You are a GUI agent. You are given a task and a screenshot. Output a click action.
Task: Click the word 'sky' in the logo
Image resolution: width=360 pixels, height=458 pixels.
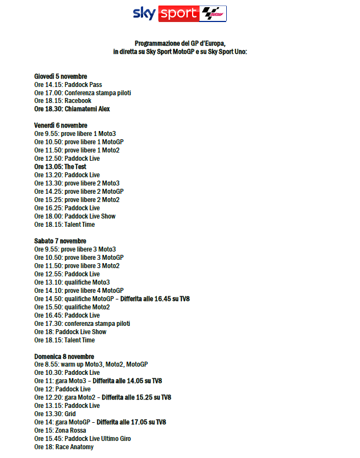click(x=145, y=13)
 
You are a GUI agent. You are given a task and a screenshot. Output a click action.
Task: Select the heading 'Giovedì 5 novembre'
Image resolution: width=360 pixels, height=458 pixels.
click(x=61, y=77)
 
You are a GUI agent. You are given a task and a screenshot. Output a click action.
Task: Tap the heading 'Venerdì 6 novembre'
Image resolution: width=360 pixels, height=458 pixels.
click(x=61, y=126)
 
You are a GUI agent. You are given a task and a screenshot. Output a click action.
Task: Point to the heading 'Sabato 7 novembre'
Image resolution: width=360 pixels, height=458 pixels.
click(x=60, y=241)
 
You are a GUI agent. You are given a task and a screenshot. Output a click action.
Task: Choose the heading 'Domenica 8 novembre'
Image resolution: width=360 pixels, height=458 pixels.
click(x=64, y=356)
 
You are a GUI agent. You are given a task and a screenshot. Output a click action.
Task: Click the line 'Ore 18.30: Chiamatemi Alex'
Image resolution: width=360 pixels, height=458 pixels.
click(x=72, y=109)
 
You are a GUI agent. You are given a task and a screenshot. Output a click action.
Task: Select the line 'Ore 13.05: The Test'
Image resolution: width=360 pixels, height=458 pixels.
click(x=60, y=167)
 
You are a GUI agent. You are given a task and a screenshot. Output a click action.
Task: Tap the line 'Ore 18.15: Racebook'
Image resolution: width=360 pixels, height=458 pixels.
click(x=62, y=101)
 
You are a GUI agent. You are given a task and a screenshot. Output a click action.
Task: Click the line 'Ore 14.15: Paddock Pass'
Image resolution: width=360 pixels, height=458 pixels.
click(x=68, y=85)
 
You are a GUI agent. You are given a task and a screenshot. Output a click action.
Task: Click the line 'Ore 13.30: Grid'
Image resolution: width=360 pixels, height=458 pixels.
click(x=54, y=414)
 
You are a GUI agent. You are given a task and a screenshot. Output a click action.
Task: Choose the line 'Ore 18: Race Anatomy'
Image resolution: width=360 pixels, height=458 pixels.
click(x=63, y=447)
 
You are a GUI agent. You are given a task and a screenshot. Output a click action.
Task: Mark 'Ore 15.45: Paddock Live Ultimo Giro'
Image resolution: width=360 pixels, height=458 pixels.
click(x=82, y=439)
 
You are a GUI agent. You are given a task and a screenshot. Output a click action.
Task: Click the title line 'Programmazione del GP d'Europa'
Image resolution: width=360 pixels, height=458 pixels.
click(x=180, y=43)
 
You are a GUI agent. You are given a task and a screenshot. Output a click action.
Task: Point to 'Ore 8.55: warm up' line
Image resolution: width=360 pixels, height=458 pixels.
click(x=91, y=364)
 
